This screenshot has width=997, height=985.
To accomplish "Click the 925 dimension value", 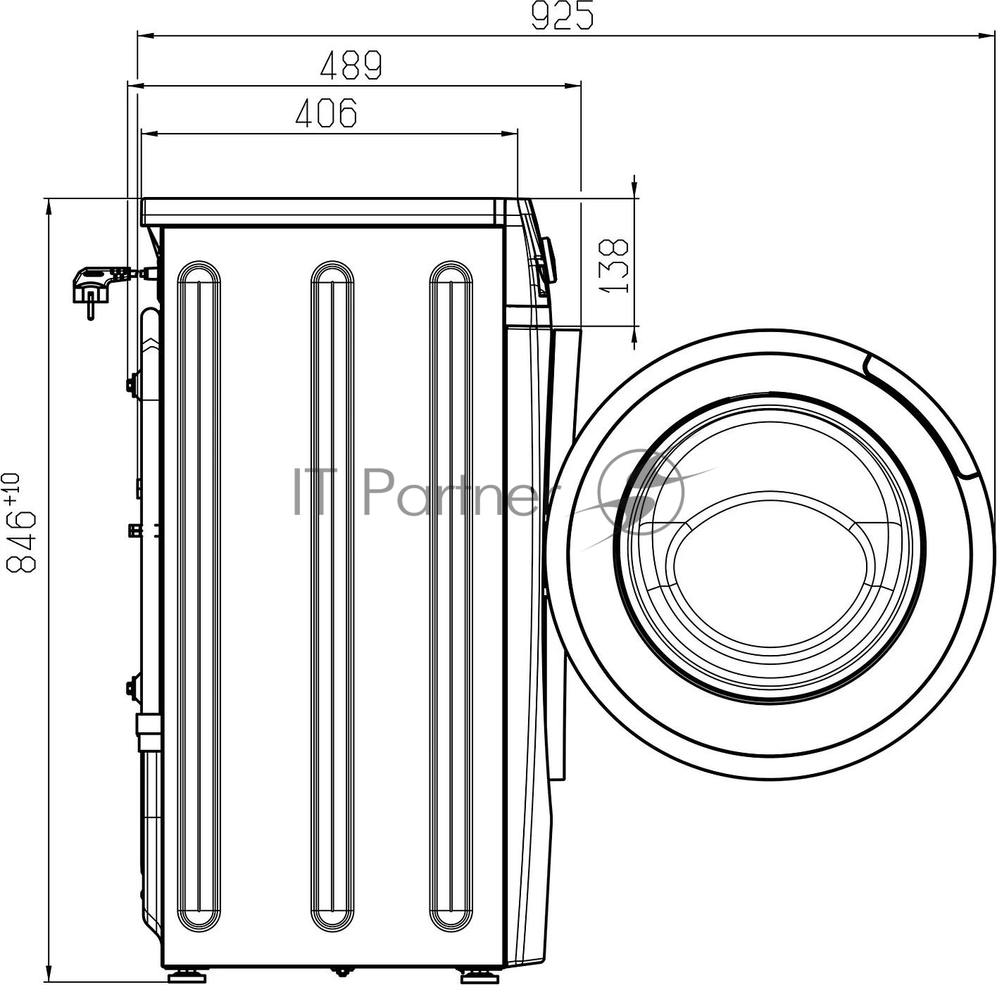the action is [x=563, y=16].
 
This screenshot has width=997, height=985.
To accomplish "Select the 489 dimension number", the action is [x=351, y=65].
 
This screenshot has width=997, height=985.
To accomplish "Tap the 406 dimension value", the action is [x=327, y=113].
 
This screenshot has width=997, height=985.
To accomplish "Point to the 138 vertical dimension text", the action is [x=614, y=265].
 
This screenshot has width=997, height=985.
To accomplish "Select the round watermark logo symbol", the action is [x=641, y=491].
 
